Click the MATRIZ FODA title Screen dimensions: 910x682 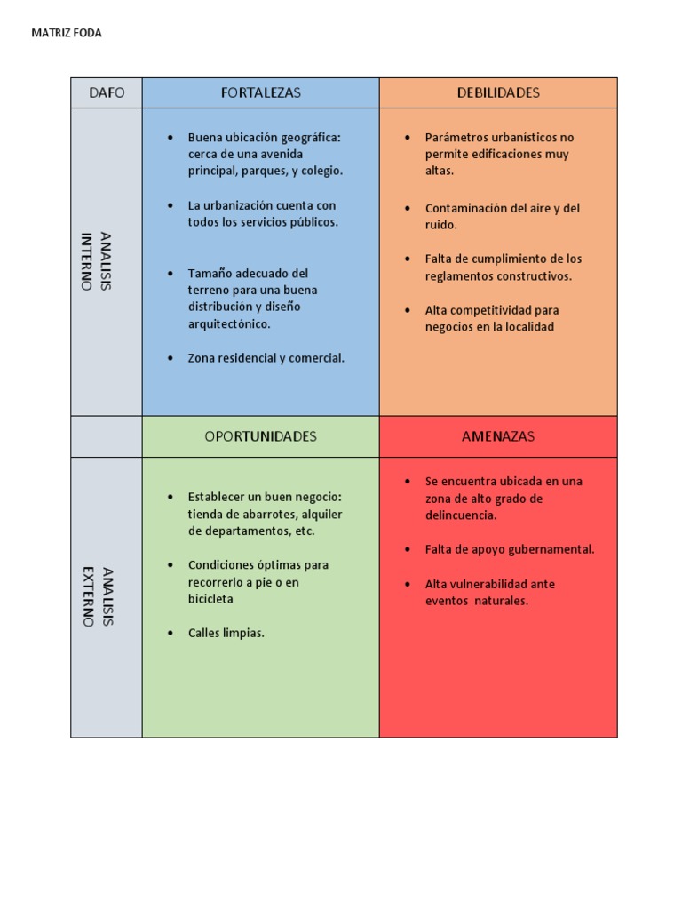[67, 33]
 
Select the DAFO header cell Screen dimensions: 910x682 [107, 92]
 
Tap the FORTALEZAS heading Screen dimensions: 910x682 [260, 92]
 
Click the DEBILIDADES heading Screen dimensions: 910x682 [498, 92]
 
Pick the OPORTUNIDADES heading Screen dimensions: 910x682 [260, 436]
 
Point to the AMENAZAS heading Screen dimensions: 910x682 [498, 436]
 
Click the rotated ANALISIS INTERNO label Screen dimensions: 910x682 [97, 261]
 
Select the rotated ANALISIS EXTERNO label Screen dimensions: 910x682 [97, 596]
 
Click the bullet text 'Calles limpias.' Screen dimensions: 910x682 [226, 634]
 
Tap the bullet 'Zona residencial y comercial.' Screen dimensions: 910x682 [266, 358]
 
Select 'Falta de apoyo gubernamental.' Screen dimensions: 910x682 [510, 549]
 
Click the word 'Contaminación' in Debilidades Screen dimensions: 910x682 [464, 208]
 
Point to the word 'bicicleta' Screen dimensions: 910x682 [210, 599]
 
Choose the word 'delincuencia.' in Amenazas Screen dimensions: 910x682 [461, 515]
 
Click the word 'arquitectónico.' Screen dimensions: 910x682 [229, 323]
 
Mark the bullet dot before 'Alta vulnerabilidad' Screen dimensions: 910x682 [408, 585]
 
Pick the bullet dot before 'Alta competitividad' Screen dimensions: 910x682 [408, 311]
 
